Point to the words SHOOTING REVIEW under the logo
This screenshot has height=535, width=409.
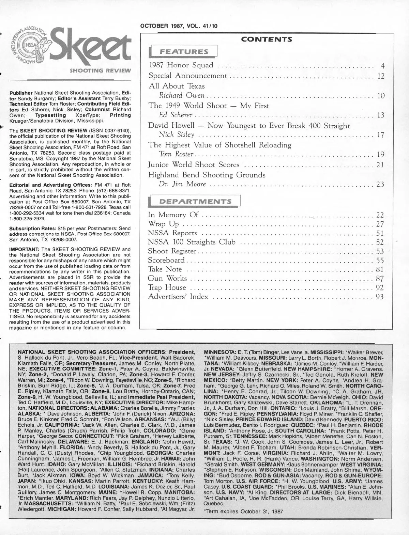click(x=100, y=71)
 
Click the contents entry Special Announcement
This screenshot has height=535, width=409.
click(x=188, y=76)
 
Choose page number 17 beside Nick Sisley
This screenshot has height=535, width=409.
click(x=381, y=135)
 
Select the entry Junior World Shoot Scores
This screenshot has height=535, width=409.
click(x=194, y=165)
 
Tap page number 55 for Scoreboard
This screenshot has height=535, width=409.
click(x=380, y=261)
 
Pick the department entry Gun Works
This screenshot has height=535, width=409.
click(x=167, y=279)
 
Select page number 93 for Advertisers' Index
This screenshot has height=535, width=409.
click(x=380, y=297)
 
